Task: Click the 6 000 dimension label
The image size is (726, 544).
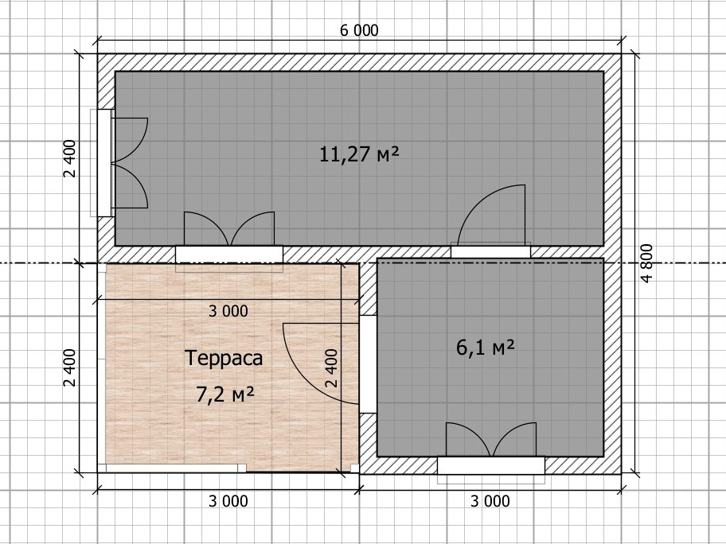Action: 359,30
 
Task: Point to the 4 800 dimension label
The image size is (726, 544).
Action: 647,262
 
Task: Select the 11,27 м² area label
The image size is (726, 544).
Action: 359,154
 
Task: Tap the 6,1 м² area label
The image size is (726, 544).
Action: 486,348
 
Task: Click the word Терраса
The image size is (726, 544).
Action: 224,359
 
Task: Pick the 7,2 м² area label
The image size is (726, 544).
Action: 225,394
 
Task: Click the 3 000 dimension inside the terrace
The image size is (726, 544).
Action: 228,311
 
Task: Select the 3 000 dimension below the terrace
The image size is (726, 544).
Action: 228,501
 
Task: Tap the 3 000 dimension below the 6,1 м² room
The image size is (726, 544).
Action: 490,501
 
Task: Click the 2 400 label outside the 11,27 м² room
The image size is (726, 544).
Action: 69,159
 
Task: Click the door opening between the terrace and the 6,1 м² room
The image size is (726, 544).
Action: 369,364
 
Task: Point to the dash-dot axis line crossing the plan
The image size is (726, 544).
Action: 363,263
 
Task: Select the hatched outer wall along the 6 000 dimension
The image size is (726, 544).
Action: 359,63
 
